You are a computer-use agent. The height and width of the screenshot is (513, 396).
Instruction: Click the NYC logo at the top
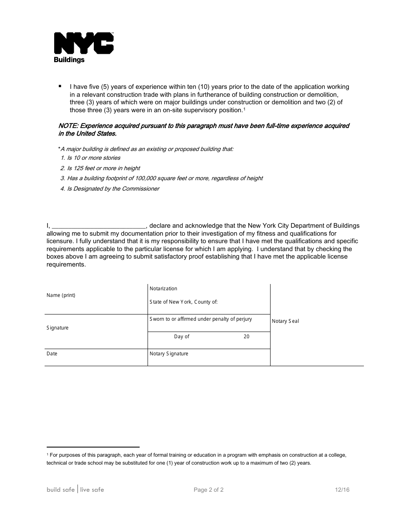tap(84, 43)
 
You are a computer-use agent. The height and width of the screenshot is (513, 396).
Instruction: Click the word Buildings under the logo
tap(69, 60)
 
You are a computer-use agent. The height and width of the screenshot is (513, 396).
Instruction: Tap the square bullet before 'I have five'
tap(60, 86)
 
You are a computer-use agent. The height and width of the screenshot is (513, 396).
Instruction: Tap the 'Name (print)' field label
tap(61, 295)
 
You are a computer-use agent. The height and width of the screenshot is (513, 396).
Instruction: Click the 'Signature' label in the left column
tap(58, 328)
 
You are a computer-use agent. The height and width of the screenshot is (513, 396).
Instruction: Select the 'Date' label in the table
tap(52, 354)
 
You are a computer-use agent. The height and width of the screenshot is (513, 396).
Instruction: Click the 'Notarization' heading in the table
tap(163, 289)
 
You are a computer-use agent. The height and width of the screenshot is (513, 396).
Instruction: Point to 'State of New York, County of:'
tap(183, 302)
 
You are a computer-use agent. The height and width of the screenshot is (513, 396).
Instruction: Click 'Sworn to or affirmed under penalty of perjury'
tap(201, 319)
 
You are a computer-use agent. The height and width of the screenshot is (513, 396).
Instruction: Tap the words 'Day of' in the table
tap(182, 337)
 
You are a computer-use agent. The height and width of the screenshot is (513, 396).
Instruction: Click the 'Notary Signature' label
tap(169, 354)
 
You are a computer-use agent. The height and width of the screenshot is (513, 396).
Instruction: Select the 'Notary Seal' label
tap(286, 321)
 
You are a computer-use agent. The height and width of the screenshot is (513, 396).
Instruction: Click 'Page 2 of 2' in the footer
tap(208, 490)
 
